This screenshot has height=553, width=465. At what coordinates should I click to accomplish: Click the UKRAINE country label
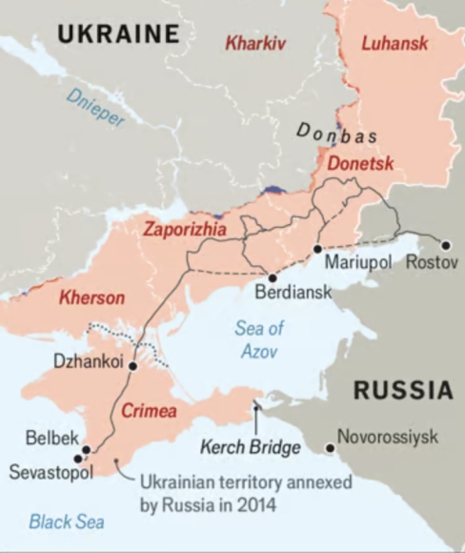click(x=118, y=34)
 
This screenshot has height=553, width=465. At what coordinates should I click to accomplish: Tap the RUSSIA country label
click(x=403, y=389)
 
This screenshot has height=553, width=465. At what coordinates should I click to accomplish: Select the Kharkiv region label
click(x=255, y=43)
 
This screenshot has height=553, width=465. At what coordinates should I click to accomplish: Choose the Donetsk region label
click(x=360, y=164)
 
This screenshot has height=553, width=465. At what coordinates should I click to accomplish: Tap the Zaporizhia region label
click(x=186, y=229)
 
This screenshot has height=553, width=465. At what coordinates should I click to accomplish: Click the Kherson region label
click(x=91, y=297)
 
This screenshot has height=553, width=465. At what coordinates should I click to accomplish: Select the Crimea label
click(x=149, y=411)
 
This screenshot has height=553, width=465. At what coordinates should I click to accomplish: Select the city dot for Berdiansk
click(x=273, y=277)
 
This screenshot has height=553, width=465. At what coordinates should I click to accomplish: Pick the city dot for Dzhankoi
click(x=132, y=365)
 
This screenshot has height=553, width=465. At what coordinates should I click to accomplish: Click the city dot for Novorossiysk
click(x=330, y=447)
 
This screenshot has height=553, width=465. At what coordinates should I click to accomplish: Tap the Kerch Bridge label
click(x=250, y=446)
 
